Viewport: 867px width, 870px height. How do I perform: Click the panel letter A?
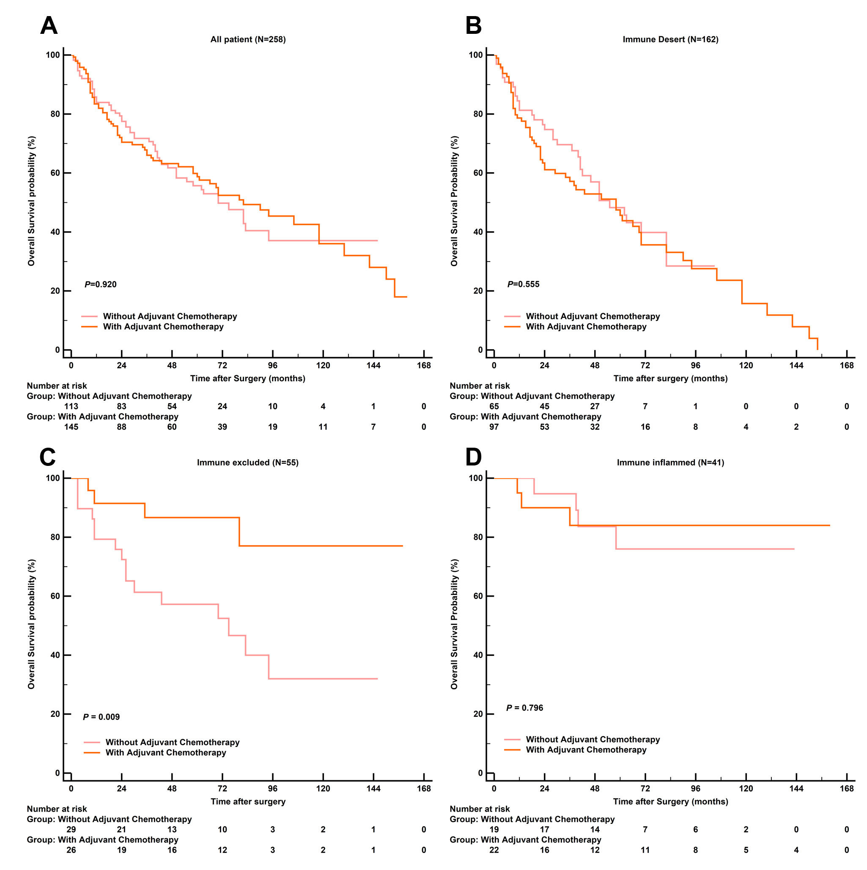[49, 25]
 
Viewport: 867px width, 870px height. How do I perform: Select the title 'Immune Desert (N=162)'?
[670, 40]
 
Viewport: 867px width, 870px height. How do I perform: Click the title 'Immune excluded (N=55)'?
[247, 463]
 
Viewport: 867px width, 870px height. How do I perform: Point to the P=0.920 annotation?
[100, 284]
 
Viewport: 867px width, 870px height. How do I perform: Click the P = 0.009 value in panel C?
[101, 717]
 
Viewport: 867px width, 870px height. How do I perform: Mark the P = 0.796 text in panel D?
[524, 708]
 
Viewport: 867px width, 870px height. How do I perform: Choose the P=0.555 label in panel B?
[523, 284]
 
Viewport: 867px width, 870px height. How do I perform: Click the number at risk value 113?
[71, 407]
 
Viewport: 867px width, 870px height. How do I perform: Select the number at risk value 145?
[71, 427]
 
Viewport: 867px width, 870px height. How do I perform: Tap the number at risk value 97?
[494, 427]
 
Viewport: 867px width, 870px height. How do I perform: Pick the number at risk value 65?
[494, 407]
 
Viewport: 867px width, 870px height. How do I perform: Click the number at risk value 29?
[71, 829]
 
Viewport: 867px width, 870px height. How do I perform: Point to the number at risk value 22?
[494, 850]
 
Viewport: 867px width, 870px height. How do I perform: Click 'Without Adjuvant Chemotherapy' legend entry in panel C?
[173, 742]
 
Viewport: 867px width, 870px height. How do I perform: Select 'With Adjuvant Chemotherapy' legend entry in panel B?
[586, 327]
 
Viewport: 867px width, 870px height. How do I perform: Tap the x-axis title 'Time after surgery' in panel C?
[248, 801]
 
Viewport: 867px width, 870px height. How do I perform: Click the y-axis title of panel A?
[31, 201]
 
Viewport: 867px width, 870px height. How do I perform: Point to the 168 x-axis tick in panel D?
[846, 788]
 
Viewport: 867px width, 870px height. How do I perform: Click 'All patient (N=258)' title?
[248, 40]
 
